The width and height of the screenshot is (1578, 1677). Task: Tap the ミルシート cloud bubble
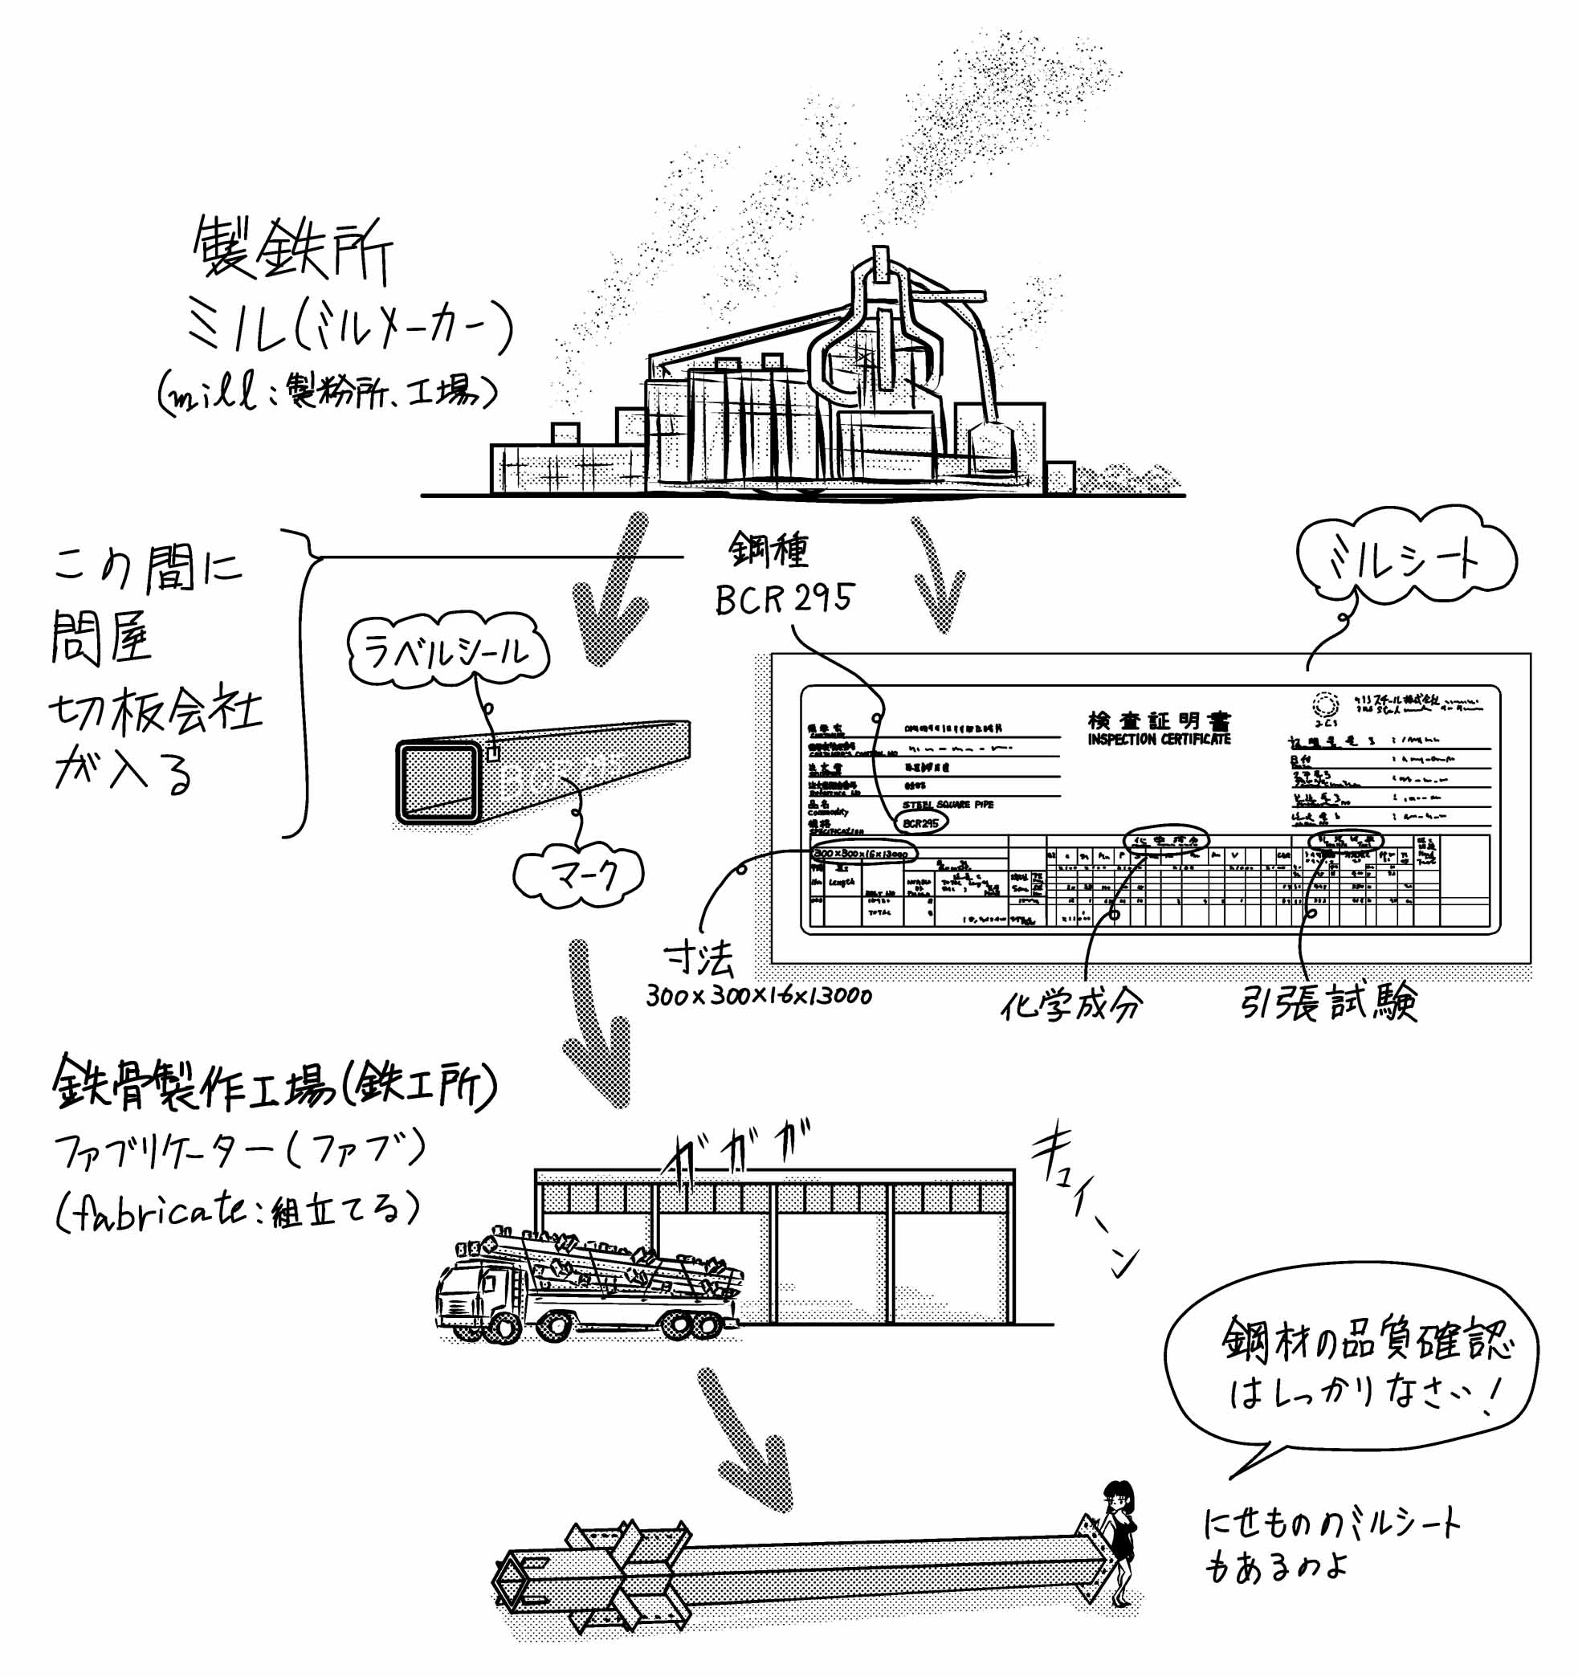pyautogui.click(x=1405, y=558)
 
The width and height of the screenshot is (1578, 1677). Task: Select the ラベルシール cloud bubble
pyautogui.click(x=448, y=651)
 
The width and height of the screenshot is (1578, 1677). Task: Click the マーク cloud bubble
pyautogui.click(x=578, y=876)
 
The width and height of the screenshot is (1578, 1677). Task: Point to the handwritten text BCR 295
pyautogui.click(x=784, y=598)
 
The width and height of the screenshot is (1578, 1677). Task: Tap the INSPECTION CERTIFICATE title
pyautogui.click(x=1159, y=740)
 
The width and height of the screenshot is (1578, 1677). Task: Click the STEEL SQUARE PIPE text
pyautogui.click(x=948, y=805)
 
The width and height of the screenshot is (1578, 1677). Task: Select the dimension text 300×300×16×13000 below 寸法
pyautogui.click(x=758, y=996)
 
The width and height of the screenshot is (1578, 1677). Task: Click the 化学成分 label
pyautogui.click(x=1070, y=1005)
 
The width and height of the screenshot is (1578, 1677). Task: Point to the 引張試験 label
pyautogui.click(x=1329, y=1003)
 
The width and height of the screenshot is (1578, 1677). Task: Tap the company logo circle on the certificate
pyautogui.click(x=1325, y=703)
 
